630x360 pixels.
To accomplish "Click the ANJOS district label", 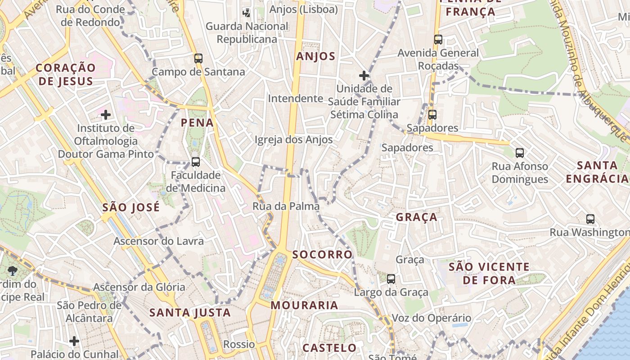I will [316, 56].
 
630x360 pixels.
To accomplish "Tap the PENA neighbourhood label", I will [197, 122].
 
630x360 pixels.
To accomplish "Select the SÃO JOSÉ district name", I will [131, 207].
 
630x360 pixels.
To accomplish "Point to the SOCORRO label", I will [322, 255].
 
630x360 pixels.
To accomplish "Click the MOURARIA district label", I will [304, 306].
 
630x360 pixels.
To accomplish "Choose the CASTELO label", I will [330, 348].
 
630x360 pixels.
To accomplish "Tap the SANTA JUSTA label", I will [190, 313].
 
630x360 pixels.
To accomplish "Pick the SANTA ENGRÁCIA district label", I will [597, 172].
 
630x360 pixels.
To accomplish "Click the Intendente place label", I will [296, 99].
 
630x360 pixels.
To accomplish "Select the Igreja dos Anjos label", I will [293, 140].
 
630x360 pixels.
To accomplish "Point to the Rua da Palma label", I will [286, 207].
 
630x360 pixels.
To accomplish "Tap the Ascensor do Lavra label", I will [158, 241].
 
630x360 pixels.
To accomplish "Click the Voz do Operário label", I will [432, 318].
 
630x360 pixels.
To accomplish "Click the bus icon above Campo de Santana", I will [198, 58].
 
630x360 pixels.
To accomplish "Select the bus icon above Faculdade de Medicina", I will [196, 162].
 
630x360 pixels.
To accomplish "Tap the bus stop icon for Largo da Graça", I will [391, 279].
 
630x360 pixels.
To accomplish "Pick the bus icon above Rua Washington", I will [590, 219].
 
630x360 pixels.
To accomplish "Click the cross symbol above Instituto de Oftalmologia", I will [106, 115].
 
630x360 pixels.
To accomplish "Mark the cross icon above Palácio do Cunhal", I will [75, 341].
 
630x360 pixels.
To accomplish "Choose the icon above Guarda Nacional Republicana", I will [247, 12].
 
